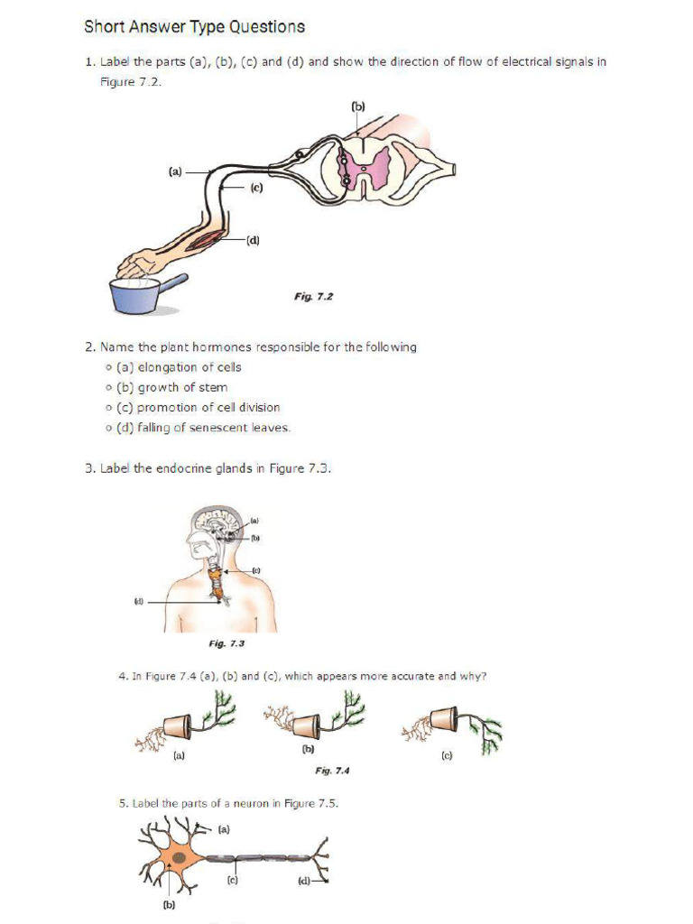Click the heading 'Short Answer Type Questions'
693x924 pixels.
194,27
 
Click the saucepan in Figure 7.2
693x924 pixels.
137,294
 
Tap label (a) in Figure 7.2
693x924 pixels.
175,171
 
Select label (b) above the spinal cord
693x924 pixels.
358,106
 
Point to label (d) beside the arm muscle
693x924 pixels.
254,240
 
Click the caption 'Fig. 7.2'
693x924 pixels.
313,296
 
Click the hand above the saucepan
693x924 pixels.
136,265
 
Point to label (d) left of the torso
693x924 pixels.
138,600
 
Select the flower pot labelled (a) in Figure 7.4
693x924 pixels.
176,726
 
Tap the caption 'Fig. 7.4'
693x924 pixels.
331,771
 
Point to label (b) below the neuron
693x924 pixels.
168,905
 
